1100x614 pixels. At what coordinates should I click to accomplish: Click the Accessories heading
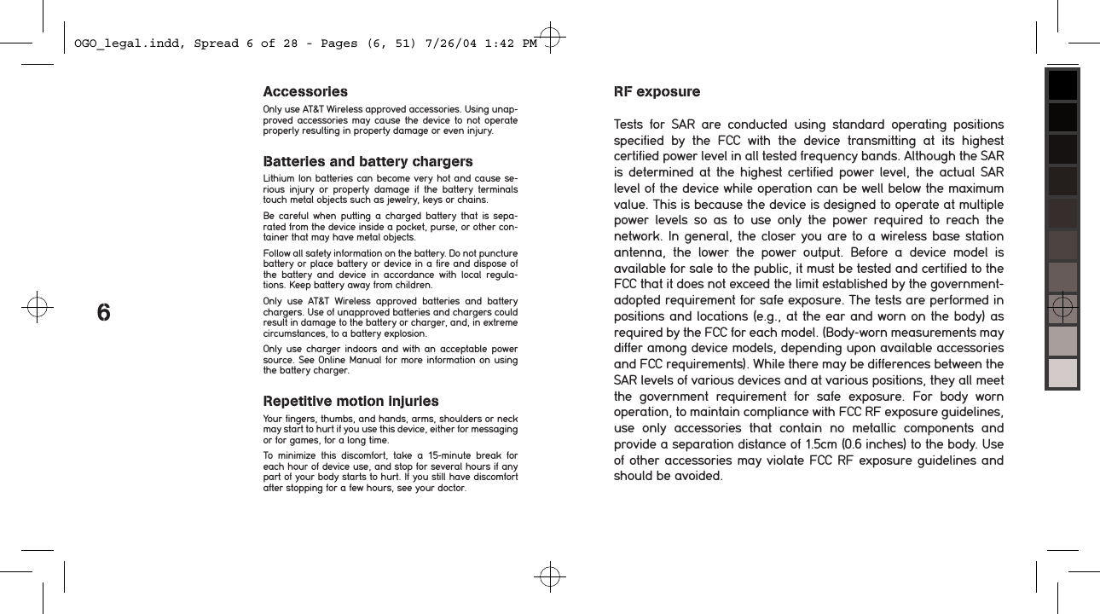point(305,91)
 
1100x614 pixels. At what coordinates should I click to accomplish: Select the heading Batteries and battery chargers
point(368,162)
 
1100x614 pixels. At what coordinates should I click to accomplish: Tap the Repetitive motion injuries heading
point(350,401)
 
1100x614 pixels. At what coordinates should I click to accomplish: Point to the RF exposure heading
point(657,91)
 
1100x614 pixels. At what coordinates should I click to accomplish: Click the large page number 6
point(103,313)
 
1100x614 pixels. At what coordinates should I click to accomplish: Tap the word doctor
point(448,489)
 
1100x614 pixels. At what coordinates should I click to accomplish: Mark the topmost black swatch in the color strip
point(1062,85)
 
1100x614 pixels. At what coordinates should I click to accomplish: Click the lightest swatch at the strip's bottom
point(1062,373)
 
